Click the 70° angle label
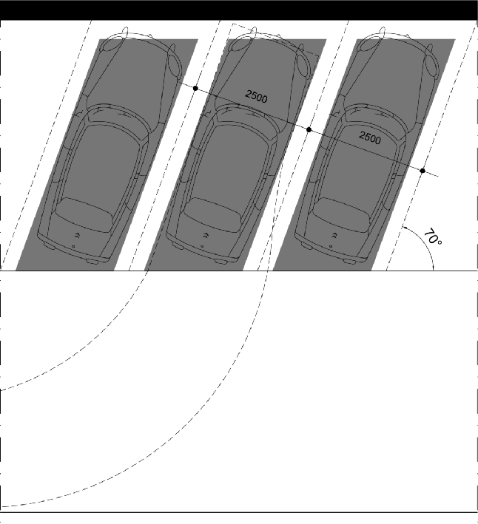click(x=433, y=237)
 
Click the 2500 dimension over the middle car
click(x=256, y=96)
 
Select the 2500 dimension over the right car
click(x=370, y=137)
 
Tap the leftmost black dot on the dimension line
click(x=195, y=88)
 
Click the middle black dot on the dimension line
click(x=309, y=129)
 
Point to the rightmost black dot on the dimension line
click(x=423, y=171)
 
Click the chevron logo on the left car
click(x=77, y=236)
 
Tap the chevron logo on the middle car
click(x=206, y=236)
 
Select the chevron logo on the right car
click(x=334, y=236)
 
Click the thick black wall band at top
click(x=239, y=10)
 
